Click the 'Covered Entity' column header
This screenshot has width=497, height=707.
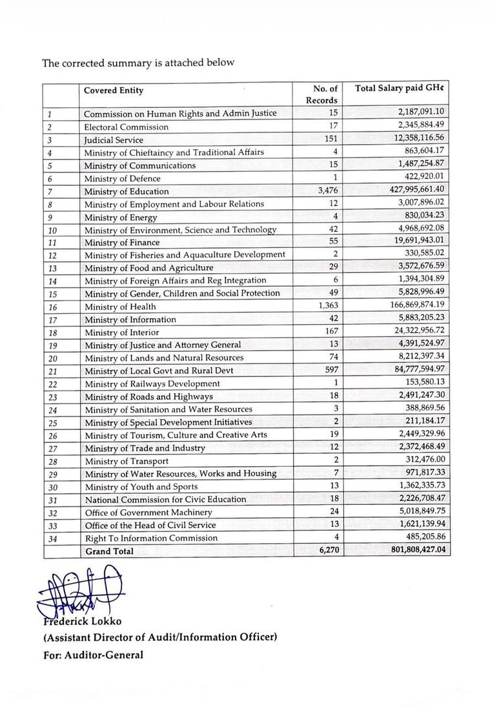coord(114,91)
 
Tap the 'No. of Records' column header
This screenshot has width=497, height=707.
coord(321,94)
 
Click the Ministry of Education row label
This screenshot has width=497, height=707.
coord(127,191)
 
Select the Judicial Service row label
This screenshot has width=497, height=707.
coord(114,139)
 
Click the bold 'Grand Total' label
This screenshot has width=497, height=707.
coord(110,551)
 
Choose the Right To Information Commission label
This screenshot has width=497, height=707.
coord(152,538)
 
